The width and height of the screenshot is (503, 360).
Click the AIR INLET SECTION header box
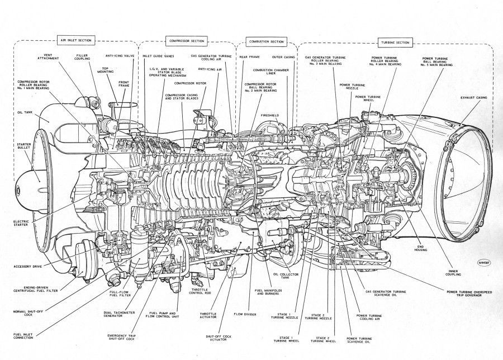coord(77,40)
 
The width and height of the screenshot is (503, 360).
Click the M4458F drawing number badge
coord(484,260)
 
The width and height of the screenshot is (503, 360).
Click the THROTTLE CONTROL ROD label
coord(200,291)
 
